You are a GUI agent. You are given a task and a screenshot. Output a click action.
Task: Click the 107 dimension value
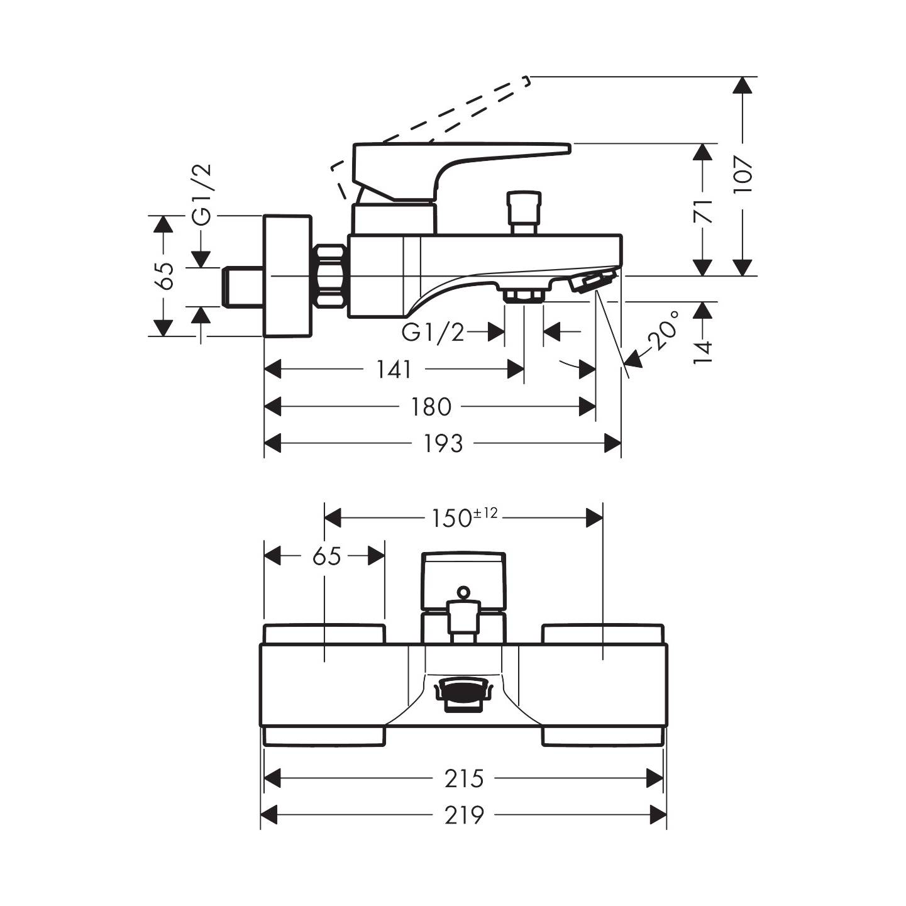click(x=743, y=177)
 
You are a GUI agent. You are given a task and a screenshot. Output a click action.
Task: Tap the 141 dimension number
click(x=394, y=369)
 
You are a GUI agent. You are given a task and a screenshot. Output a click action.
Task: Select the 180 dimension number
click(x=431, y=407)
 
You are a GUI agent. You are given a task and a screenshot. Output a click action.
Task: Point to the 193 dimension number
click(x=443, y=444)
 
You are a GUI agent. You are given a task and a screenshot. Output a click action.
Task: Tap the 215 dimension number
click(x=465, y=779)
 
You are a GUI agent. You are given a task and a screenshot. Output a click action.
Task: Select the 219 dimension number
click(x=465, y=815)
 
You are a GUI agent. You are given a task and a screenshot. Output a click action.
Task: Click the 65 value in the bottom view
click(x=326, y=556)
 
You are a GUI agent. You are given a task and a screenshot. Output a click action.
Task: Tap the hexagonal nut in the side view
click(x=331, y=275)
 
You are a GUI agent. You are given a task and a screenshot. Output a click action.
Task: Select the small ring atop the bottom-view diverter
click(x=463, y=592)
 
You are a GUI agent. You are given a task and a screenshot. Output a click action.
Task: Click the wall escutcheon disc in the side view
click(x=287, y=275)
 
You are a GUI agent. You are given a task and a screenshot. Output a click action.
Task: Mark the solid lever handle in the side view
click(x=440, y=165)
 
